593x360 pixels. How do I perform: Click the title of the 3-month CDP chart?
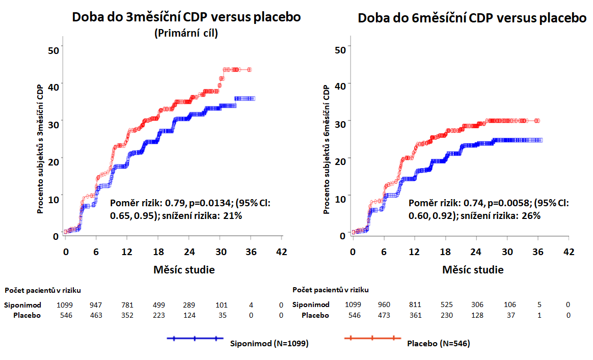tap(186, 17)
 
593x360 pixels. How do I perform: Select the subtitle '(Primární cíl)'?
tap(186, 34)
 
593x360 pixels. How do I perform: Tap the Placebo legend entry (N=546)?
tap(438, 343)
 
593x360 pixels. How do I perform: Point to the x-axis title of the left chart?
tap(184, 269)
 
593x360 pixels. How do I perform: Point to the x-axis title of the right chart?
tap(473, 269)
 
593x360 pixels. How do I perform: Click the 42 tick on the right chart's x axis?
tap(569, 252)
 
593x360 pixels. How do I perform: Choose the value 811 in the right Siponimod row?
tap(415, 305)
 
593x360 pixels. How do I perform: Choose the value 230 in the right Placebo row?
tap(446, 315)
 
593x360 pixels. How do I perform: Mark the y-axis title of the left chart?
tap(39, 148)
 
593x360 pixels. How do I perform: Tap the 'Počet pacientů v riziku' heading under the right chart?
tap(331, 290)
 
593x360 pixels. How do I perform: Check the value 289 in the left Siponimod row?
tap(190, 305)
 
